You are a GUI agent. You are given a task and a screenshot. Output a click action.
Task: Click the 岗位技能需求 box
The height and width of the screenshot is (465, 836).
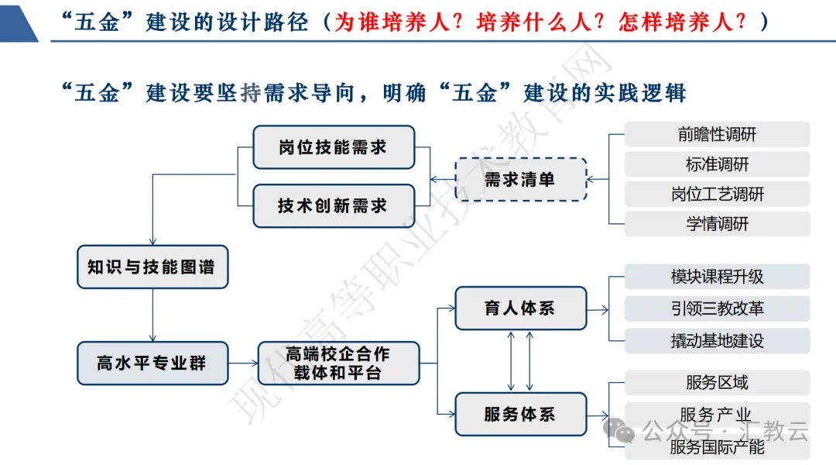pos(334,147)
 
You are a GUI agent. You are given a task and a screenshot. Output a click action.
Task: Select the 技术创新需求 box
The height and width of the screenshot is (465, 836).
pos(334,205)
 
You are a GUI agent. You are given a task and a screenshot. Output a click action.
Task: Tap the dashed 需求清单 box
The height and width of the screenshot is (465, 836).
pos(520,180)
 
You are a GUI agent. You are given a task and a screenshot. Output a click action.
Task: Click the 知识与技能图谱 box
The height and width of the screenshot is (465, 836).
pos(152,267)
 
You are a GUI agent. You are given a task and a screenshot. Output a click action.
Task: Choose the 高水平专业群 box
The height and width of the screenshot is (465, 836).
pos(152,363)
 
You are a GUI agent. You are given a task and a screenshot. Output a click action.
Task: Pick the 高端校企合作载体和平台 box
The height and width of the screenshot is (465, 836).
pos(338,363)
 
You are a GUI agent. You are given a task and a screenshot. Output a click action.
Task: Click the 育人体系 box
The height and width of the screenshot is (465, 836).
pos(520,308)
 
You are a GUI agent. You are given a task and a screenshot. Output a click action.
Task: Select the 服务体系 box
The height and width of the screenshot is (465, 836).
pos(520,414)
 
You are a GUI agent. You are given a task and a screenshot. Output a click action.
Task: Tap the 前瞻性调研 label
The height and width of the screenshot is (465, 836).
pos(717,134)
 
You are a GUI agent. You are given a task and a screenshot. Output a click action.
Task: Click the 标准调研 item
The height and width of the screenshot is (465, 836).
pos(717,164)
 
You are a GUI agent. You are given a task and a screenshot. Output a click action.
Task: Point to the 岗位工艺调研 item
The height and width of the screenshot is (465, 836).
pos(717,194)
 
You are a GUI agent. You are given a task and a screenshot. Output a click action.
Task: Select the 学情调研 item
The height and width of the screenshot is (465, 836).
pos(717,224)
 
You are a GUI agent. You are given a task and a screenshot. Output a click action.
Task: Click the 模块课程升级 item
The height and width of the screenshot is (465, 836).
pos(717,277)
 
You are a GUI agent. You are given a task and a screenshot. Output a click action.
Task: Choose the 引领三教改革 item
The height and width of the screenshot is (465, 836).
pos(717,308)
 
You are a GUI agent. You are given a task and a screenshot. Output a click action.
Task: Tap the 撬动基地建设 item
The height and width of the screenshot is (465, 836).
pos(717,341)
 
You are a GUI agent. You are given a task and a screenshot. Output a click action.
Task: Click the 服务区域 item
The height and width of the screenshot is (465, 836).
pos(717,383)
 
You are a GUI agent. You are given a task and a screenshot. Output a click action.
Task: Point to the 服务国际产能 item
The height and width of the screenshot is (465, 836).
pos(717,448)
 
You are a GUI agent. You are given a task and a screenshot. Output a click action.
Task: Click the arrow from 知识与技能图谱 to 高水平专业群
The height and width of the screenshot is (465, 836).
pos(152,315)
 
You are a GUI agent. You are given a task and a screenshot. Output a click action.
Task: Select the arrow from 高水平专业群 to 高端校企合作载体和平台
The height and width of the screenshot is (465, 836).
pos(243,363)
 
